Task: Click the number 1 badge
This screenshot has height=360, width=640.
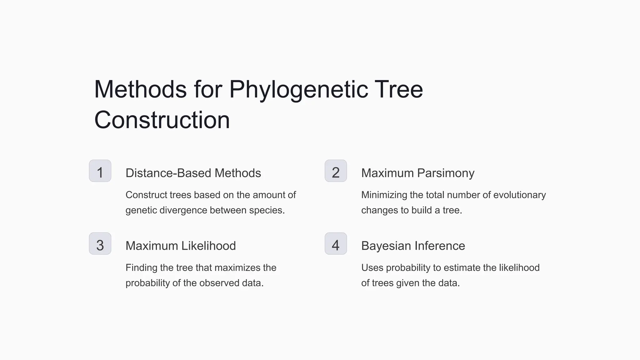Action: [x=100, y=171]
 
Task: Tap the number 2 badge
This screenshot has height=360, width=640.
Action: [x=336, y=171]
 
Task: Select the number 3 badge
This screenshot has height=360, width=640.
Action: [x=100, y=244]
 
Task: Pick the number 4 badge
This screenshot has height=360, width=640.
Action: [x=336, y=244]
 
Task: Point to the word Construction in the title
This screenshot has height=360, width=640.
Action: [x=162, y=120]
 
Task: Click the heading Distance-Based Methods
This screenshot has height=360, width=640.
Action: [x=193, y=173]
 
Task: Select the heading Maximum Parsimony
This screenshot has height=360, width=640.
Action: [x=417, y=173]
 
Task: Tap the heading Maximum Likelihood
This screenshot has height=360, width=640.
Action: [x=181, y=246]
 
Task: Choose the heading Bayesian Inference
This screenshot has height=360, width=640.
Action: [x=413, y=246]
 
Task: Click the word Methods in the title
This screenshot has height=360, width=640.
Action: [x=140, y=90]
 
